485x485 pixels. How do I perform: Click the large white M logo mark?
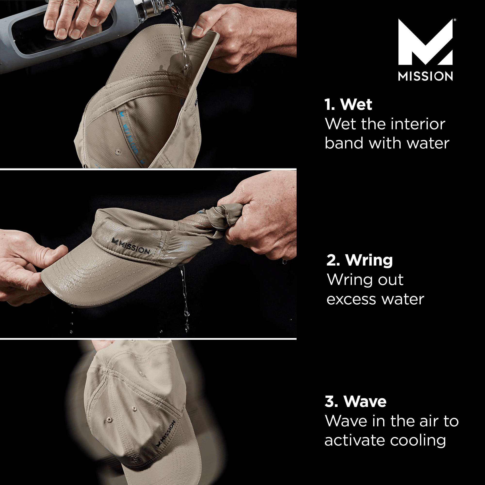coord(425,43)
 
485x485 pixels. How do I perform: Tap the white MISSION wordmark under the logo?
coord(425,76)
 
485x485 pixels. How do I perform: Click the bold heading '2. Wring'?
coord(359,260)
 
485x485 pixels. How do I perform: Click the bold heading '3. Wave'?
coord(355,401)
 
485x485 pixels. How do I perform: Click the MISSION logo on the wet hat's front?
coord(131,246)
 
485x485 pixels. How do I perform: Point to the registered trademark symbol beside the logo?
coord(455,20)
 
